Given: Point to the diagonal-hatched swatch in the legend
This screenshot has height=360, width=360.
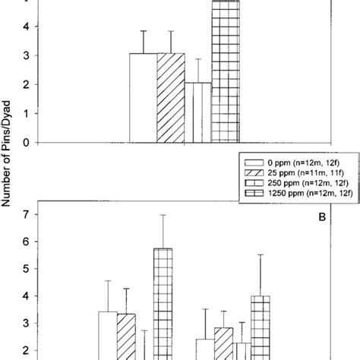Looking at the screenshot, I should tap(252, 172).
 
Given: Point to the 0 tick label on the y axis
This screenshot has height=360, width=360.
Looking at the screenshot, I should tap(25, 142).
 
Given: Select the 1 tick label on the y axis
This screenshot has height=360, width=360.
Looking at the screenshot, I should tap(25, 113).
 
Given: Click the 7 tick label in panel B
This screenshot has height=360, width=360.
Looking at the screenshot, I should tap(25, 215).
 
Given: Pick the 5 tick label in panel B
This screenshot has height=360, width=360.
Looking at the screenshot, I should tap(25, 269).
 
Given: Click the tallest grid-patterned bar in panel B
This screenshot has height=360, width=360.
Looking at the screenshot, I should tap(163, 304).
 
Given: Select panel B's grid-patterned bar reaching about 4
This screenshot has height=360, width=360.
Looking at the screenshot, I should tap(261, 327).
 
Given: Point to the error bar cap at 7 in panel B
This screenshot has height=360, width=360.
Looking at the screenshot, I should tap(163, 215).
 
